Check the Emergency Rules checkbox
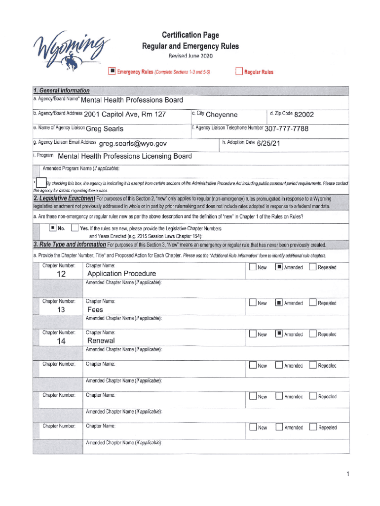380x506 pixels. click(x=112, y=72)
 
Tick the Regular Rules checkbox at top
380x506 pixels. click(x=239, y=72)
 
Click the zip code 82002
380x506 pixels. click(x=304, y=115)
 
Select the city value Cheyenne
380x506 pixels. click(x=222, y=115)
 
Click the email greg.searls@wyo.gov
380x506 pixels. click(x=133, y=144)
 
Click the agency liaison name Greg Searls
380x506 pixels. click(x=105, y=129)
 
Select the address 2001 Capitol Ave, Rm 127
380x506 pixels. click(x=125, y=115)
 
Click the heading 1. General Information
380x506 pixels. click(x=62, y=90)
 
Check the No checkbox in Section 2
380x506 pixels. click(x=52, y=228)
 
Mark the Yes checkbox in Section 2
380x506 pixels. click(x=75, y=228)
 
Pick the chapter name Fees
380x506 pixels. click(x=95, y=310)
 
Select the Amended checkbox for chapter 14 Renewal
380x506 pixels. click(x=279, y=334)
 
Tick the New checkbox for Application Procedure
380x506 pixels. click(x=253, y=267)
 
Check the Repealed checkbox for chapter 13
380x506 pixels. click(x=313, y=303)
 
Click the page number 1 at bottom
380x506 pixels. click(x=347, y=475)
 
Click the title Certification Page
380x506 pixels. click(x=190, y=35)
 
